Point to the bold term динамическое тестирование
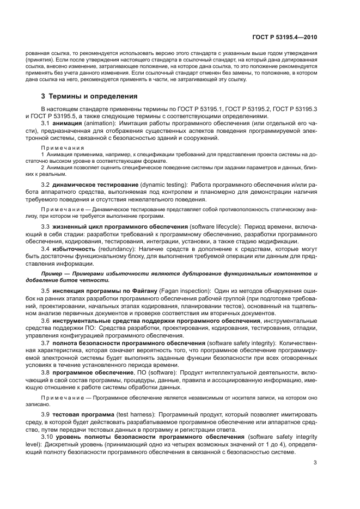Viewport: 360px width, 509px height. tap(94, 186)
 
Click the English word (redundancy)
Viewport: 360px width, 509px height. tap(119, 248)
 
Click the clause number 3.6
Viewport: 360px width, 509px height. tap(46, 321)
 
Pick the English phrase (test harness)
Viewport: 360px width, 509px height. tap(141, 415)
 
